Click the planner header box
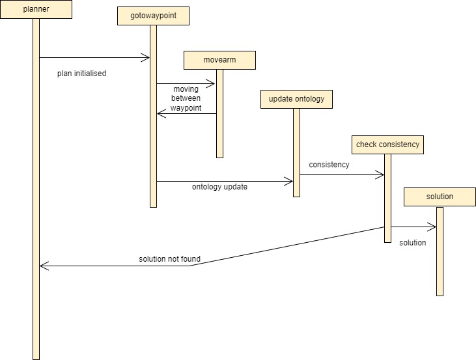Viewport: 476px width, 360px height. tap(36, 10)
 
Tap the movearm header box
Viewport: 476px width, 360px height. tap(219, 61)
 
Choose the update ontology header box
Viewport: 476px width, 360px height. tap(296, 100)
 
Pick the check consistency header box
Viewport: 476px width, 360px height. tap(387, 145)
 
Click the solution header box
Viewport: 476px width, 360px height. tap(440, 197)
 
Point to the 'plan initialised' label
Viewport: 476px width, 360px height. tap(81, 74)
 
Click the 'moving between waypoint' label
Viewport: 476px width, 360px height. tap(186, 98)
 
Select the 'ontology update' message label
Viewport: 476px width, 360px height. tap(219, 187)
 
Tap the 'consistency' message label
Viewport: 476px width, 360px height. tap(329, 165)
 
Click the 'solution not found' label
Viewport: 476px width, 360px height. tap(169, 259)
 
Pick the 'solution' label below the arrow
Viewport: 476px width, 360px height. tap(412, 243)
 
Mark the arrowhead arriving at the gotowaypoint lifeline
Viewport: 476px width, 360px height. tap(147, 58)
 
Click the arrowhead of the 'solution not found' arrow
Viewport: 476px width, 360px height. tap(43, 266)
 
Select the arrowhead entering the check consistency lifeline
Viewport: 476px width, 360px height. tap(380, 174)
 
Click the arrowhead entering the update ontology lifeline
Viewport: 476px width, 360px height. tap(289, 182)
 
